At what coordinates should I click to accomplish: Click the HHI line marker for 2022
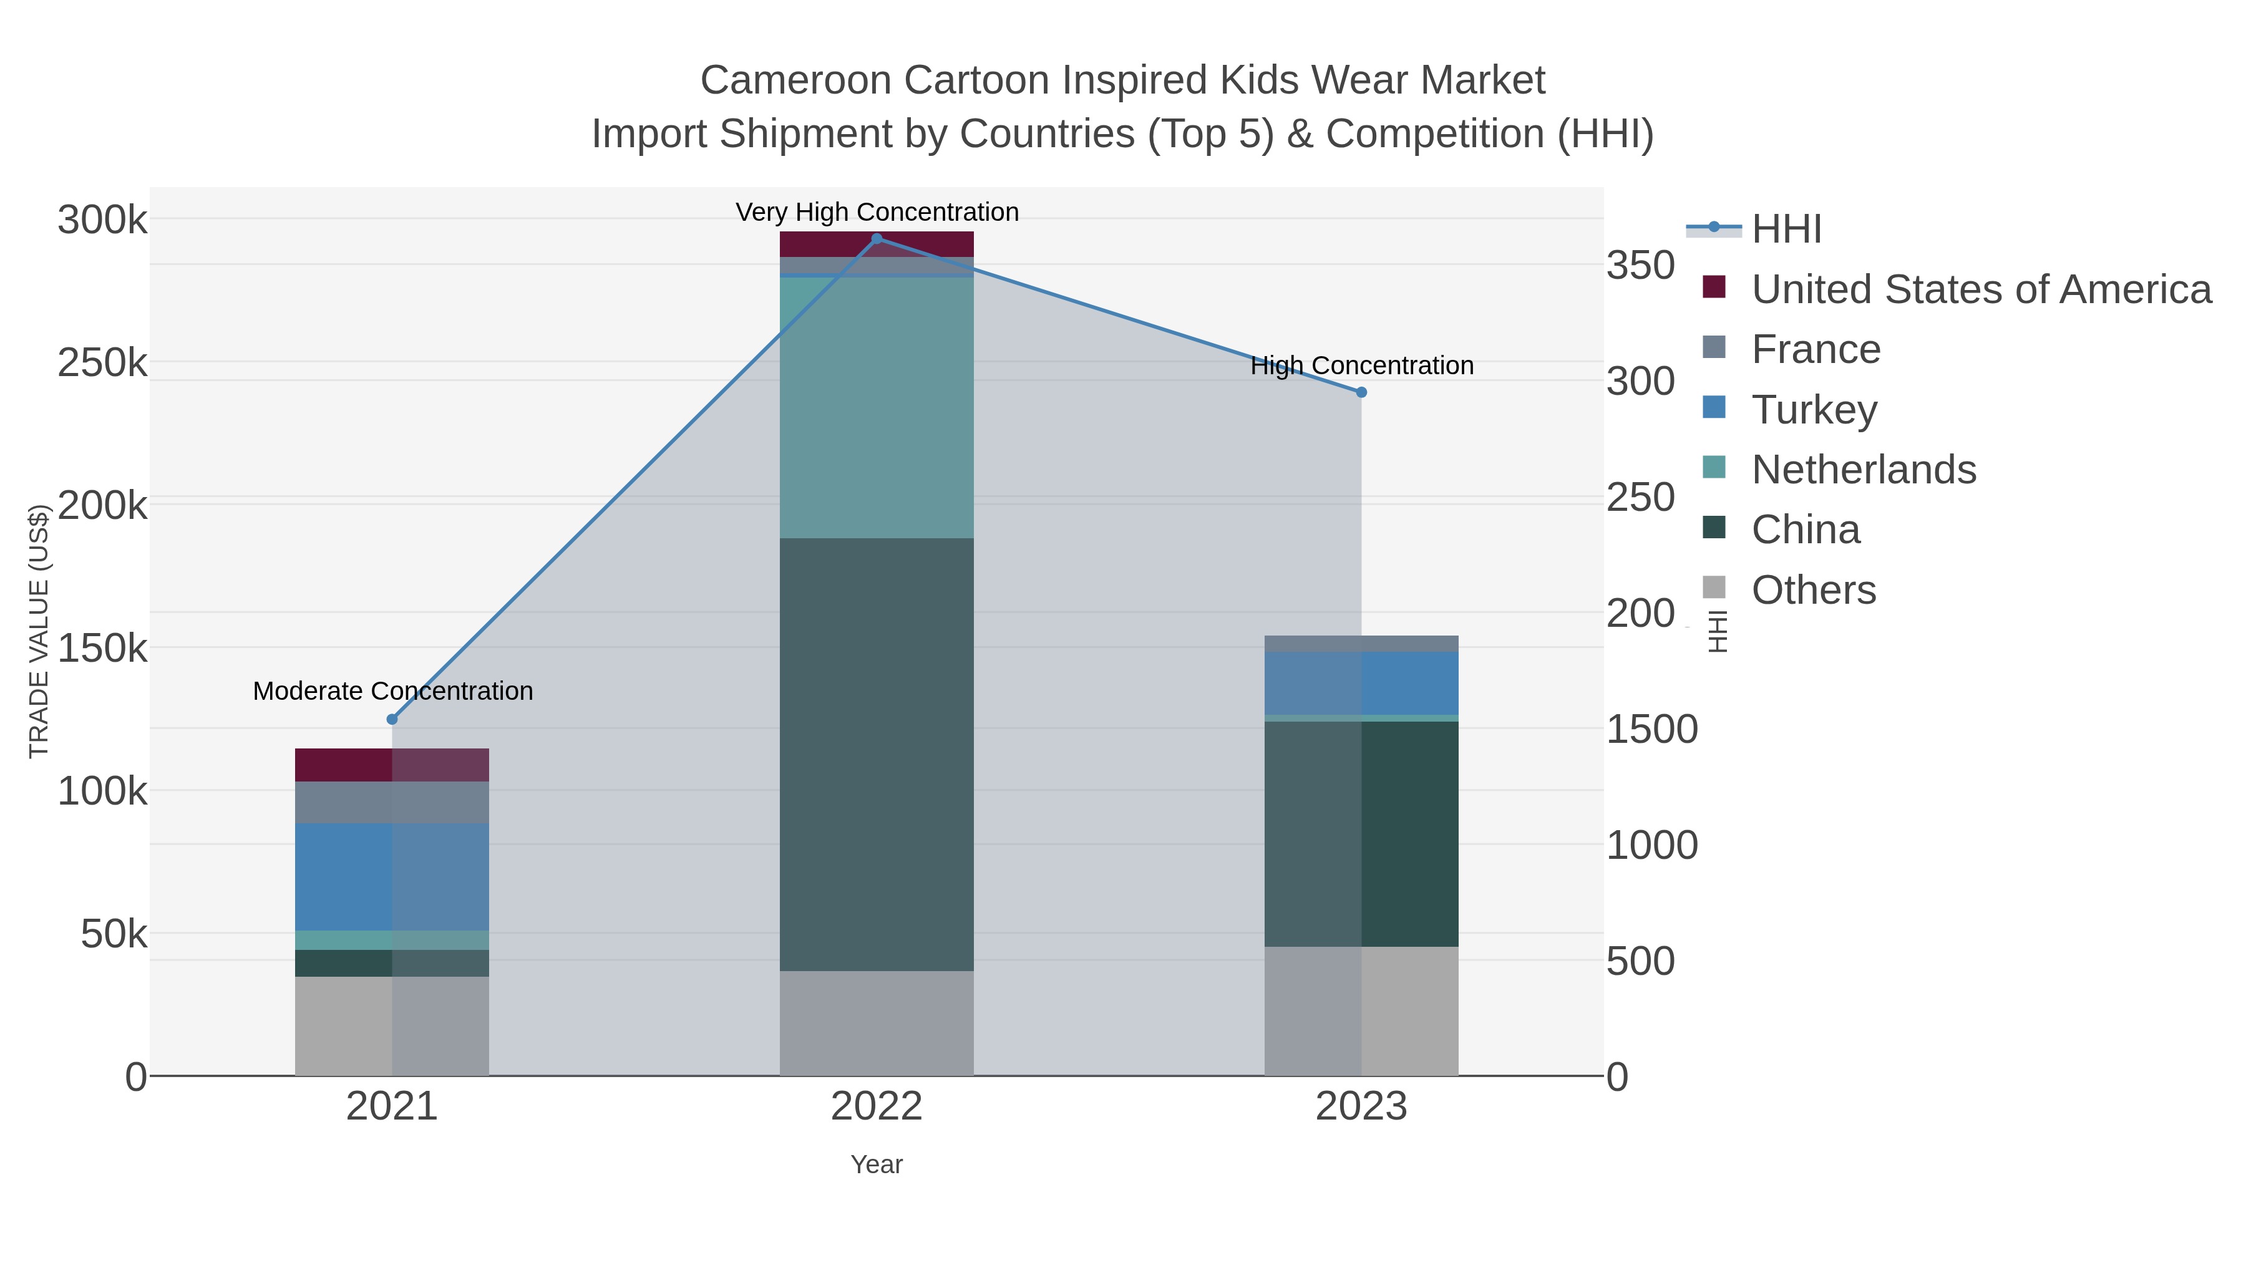[877, 239]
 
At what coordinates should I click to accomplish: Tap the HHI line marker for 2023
[1361, 392]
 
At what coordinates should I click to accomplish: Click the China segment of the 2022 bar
[877, 754]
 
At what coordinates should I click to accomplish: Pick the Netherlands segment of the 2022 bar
[877, 408]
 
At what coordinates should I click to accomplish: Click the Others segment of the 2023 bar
[1361, 1011]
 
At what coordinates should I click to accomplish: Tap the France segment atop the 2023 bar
[1361, 643]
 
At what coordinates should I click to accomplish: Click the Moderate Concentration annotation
[392, 691]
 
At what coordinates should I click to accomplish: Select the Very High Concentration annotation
[877, 212]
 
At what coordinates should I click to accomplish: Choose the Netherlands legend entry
[1863, 469]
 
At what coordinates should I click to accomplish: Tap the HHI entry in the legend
[1786, 228]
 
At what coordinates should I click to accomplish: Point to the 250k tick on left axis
[102, 362]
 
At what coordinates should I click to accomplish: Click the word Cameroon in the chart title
[796, 80]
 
